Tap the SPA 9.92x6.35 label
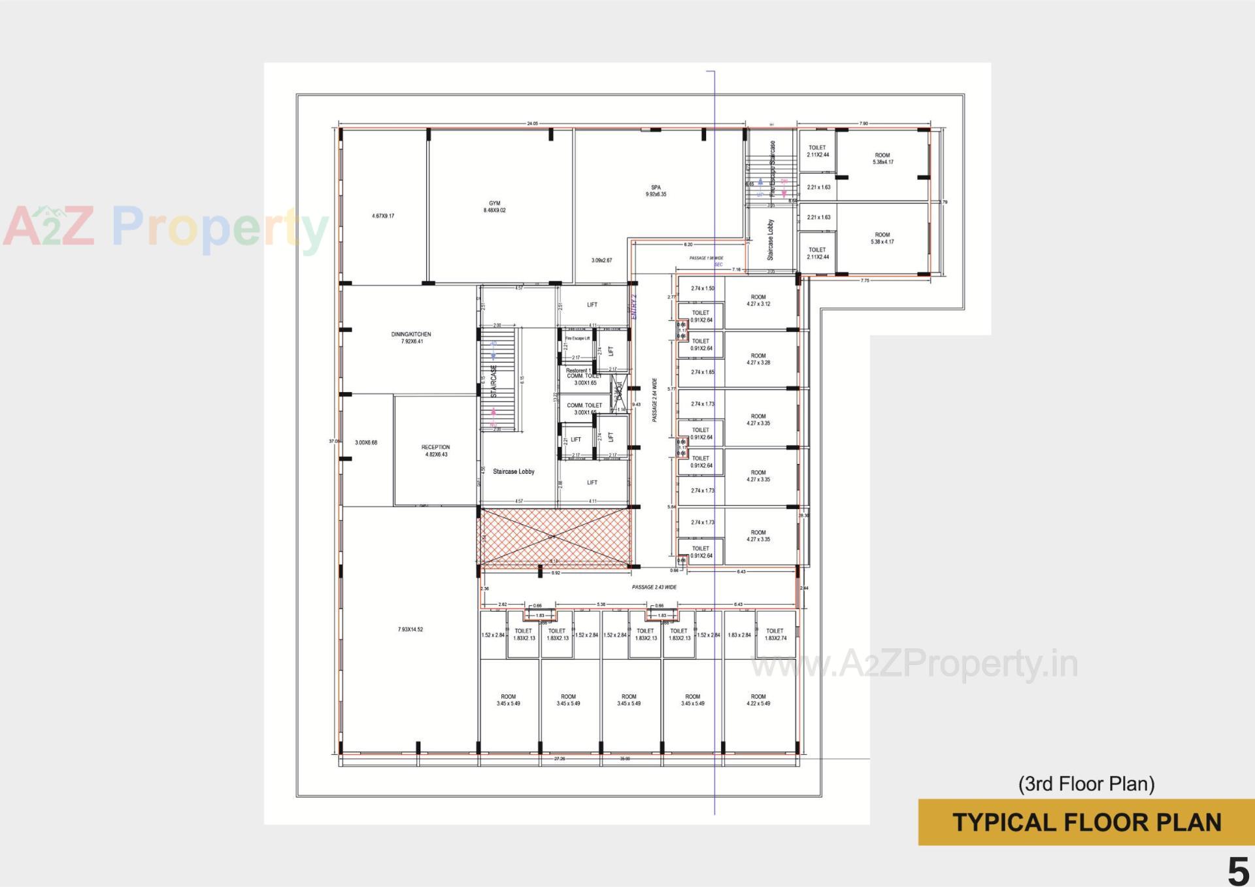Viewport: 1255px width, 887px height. tap(656, 191)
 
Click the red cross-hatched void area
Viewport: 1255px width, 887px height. tap(554, 537)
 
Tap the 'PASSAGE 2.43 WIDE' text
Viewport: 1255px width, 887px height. tap(654, 587)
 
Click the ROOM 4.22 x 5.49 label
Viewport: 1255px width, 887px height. tap(758, 700)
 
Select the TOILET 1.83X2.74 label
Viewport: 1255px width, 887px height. tap(775, 634)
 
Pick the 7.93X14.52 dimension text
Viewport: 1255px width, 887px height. tap(410, 629)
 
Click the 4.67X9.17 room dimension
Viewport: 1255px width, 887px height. tap(383, 216)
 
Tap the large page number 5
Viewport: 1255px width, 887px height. tap(1237, 871)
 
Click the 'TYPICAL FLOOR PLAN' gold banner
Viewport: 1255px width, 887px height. tap(1086, 822)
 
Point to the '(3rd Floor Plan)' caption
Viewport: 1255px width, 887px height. tap(1086, 784)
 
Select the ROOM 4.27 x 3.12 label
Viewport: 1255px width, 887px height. tap(758, 301)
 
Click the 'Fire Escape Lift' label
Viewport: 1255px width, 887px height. tap(577, 338)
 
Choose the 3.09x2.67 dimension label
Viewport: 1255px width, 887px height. tap(601, 260)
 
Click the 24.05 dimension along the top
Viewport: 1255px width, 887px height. tap(532, 124)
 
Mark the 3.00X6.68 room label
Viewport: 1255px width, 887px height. tap(366, 443)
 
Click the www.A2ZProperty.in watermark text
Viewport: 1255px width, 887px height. tap(914, 665)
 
